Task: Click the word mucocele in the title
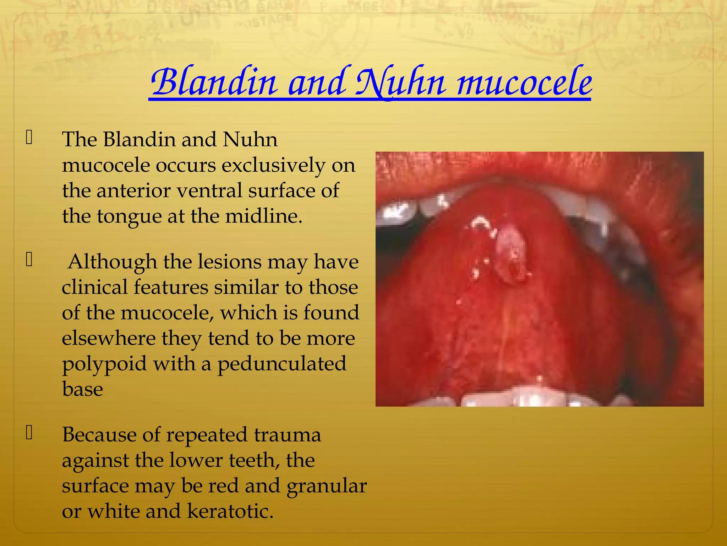coord(524,82)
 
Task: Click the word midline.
coord(264,216)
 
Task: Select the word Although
coord(113,262)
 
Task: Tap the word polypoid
coord(104,364)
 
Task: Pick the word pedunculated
coord(281,364)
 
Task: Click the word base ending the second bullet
coord(82,389)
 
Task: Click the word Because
coord(99,435)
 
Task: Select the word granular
coord(327,486)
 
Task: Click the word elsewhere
coord(109,338)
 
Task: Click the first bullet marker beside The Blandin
coord(29,138)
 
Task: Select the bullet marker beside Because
coord(29,433)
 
